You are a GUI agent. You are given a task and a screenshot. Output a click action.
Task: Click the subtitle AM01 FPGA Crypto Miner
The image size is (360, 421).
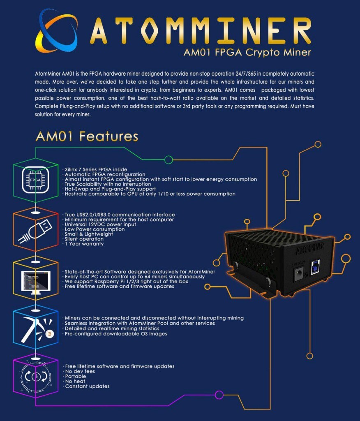coord(247,52)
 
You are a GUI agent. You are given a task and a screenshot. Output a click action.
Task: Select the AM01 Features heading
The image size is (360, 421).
coord(87,136)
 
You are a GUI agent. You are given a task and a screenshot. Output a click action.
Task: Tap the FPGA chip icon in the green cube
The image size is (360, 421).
coord(35,180)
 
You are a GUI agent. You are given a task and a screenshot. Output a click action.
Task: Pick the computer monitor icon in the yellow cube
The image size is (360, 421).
coord(36,282)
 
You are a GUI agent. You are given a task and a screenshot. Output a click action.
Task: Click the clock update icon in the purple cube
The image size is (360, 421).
coord(36,377)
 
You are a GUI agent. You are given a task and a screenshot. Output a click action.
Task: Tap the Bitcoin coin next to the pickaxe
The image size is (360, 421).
coord(50,334)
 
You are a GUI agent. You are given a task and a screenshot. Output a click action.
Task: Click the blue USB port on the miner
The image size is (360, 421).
coord(315,267)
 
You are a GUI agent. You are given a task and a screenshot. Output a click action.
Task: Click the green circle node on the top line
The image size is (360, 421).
coord(168,160)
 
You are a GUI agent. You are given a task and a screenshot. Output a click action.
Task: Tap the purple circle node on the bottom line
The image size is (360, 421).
coord(219,395)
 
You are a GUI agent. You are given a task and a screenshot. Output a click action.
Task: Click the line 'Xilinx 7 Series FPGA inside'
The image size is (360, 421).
coord(95,169)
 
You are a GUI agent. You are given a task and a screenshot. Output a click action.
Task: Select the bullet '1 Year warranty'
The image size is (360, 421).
coord(83,244)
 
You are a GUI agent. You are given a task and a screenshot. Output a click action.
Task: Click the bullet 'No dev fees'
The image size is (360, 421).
coord(79,371)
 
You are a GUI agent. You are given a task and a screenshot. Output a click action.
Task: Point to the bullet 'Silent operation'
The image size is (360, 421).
coord(83,239)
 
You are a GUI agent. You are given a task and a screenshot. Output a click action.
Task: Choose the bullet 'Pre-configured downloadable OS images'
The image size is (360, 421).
coord(115,334)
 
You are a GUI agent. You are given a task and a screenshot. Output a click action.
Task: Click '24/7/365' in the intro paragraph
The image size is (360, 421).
coord(245,74)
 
